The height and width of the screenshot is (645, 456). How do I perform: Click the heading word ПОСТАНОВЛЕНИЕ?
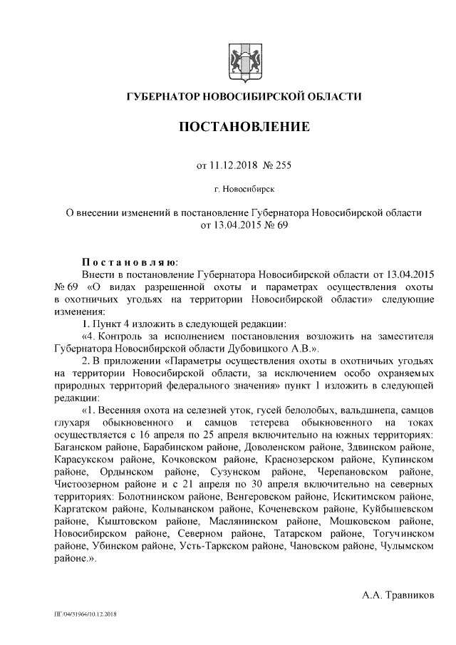point(243,128)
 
